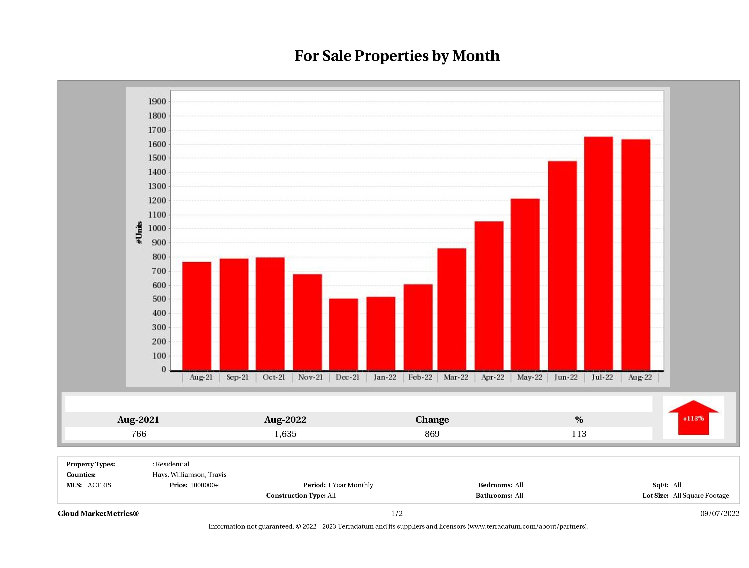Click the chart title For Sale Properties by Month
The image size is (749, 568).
click(x=397, y=56)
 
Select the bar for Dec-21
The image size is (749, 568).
click(x=343, y=334)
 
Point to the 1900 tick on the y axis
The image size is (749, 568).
click(x=157, y=102)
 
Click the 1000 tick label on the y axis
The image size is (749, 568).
click(x=157, y=229)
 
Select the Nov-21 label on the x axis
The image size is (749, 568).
click(x=310, y=377)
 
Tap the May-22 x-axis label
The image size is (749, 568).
click(x=529, y=377)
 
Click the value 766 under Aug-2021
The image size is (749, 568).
click(x=139, y=434)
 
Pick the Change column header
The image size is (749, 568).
click(x=432, y=420)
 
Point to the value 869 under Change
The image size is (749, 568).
click(x=432, y=434)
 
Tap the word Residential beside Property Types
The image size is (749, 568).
click(x=172, y=464)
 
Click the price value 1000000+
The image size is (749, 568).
click(x=204, y=485)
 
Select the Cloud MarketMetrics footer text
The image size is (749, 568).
click(x=98, y=513)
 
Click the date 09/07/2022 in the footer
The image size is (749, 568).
click(x=720, y=513)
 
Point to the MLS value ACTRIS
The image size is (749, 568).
click(x=99, y=485)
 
